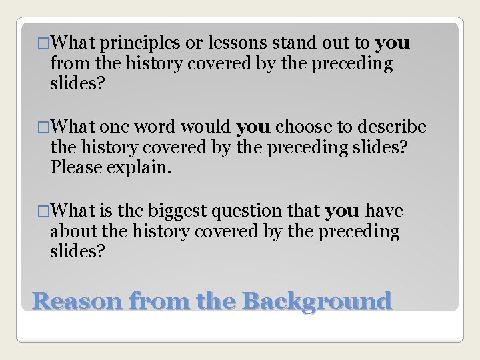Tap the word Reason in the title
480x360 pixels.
(79, 301)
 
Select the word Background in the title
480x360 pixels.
(317, 301)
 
